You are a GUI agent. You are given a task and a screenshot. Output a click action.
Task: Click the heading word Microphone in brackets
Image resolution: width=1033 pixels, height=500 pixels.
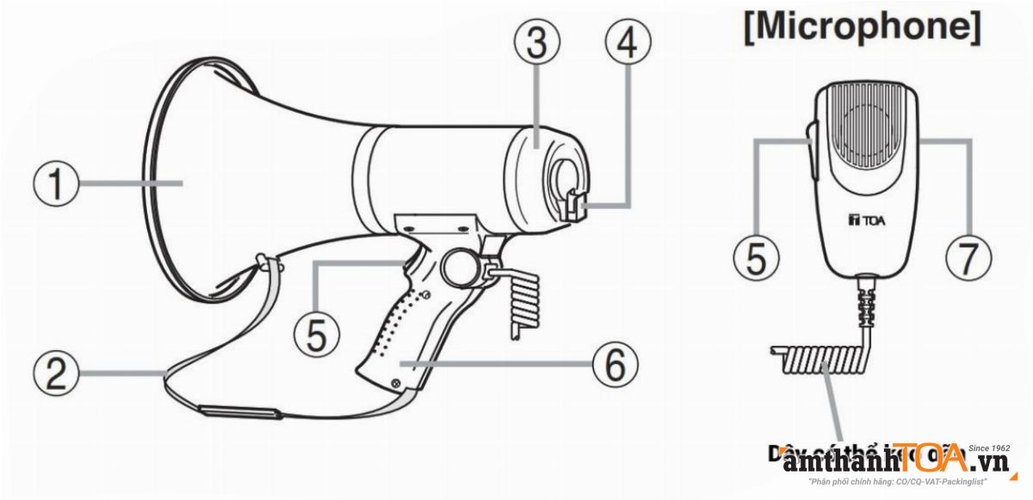[x=862, y=28]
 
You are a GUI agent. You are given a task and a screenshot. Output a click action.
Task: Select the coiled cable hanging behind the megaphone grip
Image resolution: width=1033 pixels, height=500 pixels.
[x=525, y=301]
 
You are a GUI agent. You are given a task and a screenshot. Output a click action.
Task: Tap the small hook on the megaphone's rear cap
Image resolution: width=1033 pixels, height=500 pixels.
[x=573, y=205]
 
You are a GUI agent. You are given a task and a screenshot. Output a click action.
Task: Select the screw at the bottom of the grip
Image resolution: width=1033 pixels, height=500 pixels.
[x=395, y=383]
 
